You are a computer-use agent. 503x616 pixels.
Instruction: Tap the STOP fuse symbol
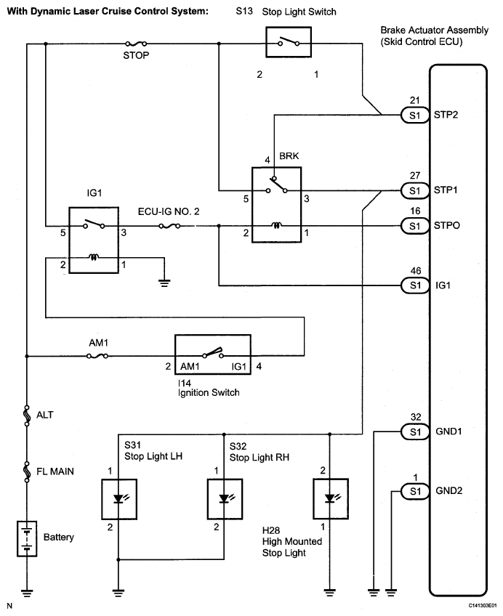click(x=136, y=44)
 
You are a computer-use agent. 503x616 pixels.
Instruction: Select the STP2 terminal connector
click(x=415, y=115)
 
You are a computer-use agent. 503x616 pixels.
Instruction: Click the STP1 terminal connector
click(x=415, y=190)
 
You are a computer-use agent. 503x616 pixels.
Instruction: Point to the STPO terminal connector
click(x=415, y=226)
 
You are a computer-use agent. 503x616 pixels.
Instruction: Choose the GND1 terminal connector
click(x=415, y=431)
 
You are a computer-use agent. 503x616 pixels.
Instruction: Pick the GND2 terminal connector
click(x=415, y=491)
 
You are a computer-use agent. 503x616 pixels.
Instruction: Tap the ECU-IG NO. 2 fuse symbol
click(x=169, y=226)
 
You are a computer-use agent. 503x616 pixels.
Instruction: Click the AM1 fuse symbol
click(x=97, y=356)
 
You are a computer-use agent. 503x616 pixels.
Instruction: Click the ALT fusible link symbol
click(x=27, y=416)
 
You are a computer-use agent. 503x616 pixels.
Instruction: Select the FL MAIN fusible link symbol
click(x=27, y=471)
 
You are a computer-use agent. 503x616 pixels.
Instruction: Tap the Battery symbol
click(x=27, y=538)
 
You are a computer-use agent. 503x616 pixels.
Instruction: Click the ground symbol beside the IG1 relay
click(x=164, y=283)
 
